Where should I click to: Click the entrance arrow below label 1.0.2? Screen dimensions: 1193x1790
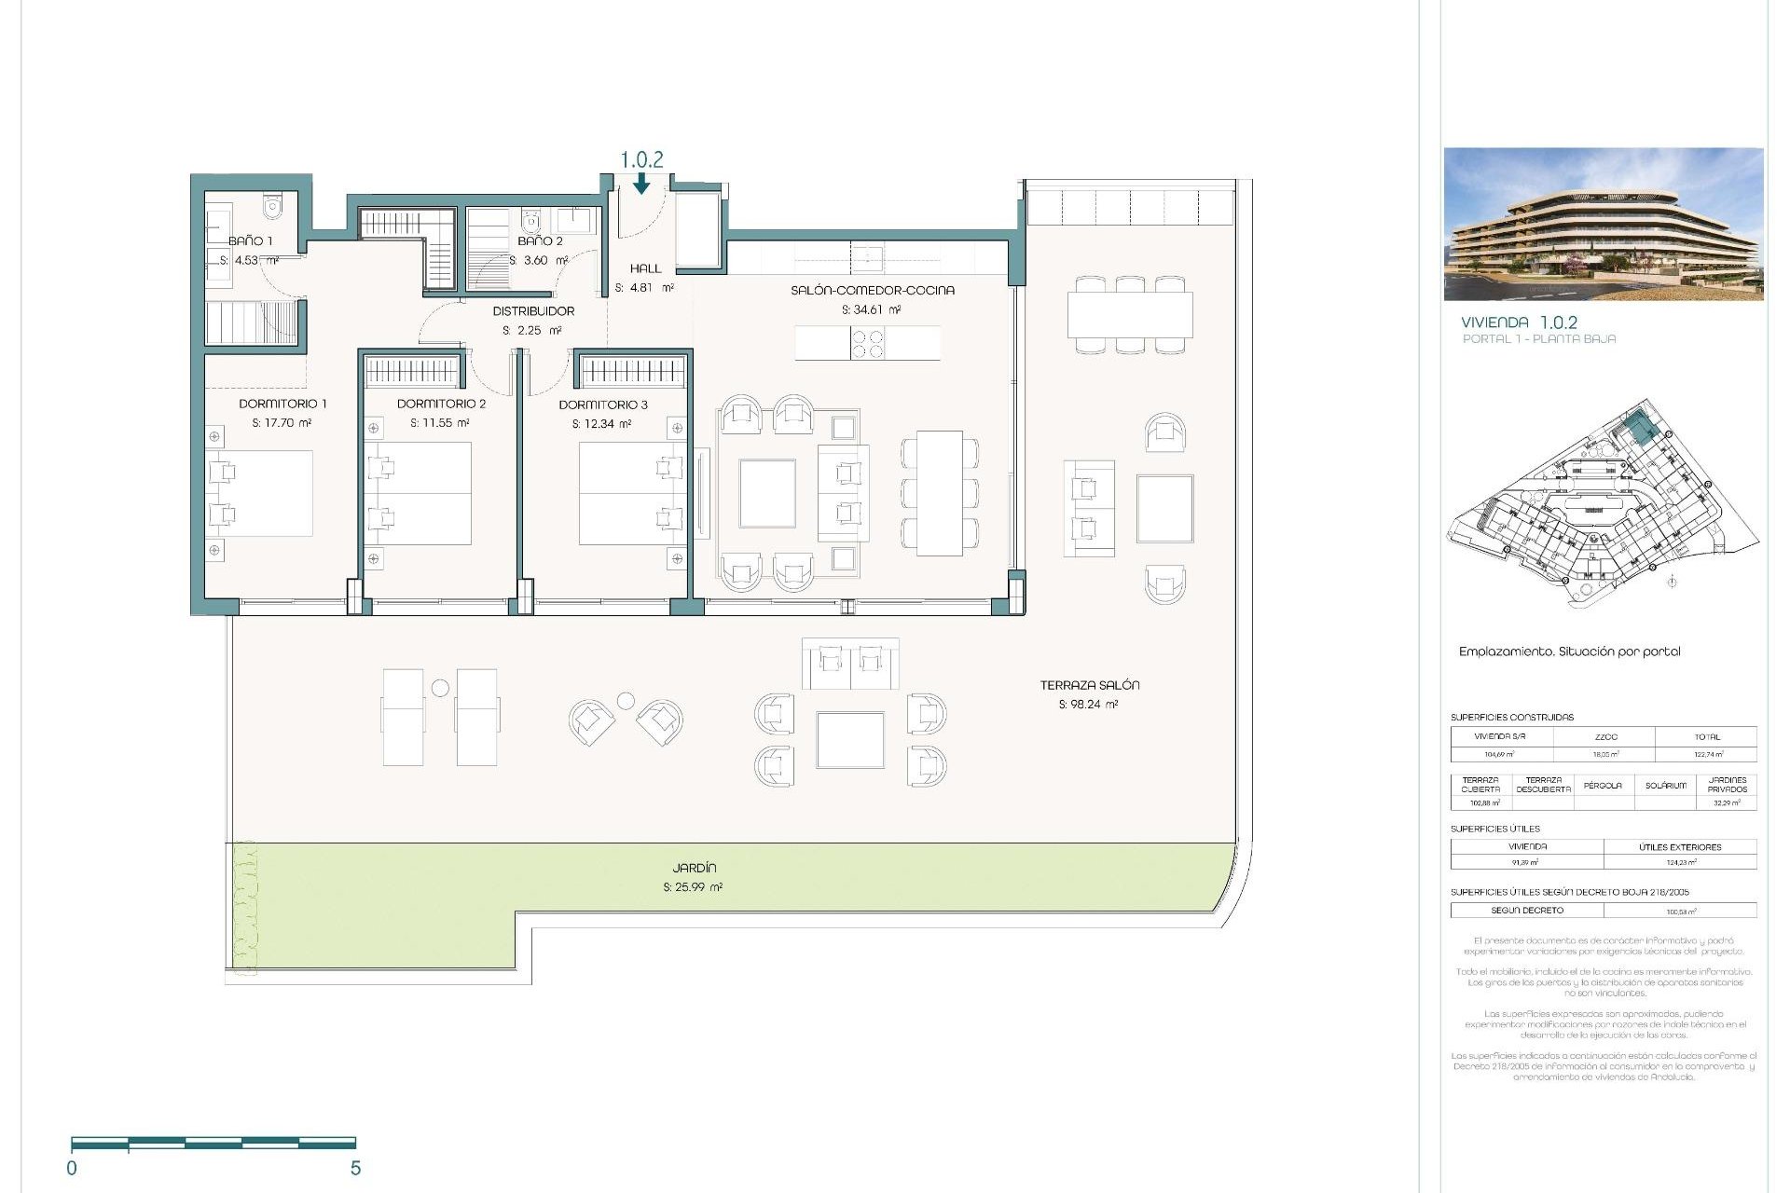(x=641, y=185)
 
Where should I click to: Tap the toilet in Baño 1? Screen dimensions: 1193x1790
(x=272, y=206)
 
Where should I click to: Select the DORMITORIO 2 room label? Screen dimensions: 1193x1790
(x=441, y=404)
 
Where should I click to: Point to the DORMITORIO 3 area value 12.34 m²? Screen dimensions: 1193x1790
(x=602, y=424)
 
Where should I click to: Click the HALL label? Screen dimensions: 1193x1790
(x=645, y=268)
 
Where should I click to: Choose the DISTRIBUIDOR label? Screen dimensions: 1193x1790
(x=533, y=311)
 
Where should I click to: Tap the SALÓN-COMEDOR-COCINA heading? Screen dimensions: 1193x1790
(x=873, y=290)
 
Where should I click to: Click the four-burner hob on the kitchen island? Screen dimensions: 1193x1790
(x=868, y=343)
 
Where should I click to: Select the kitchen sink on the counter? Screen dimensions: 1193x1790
(x=866, y=256)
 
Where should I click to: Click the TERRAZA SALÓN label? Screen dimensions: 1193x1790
(x=1090, y=685)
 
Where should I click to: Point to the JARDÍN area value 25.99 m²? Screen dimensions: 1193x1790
(x=693, y=887)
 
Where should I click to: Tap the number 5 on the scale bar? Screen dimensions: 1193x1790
(x=355, y=1168)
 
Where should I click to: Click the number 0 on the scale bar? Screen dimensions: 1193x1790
(x=72, y=1168)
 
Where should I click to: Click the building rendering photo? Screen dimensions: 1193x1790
(x=1604, y=224)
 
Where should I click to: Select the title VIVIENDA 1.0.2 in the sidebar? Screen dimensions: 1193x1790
(x=1519, y=322)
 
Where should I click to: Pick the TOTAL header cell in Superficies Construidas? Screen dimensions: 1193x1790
(x=1707, y=736)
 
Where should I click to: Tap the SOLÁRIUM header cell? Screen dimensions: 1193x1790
(x=1665, y=786)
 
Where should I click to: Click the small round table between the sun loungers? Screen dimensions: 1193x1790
(x=440, y=688)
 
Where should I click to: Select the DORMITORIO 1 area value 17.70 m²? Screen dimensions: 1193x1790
(x=282, y=423)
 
